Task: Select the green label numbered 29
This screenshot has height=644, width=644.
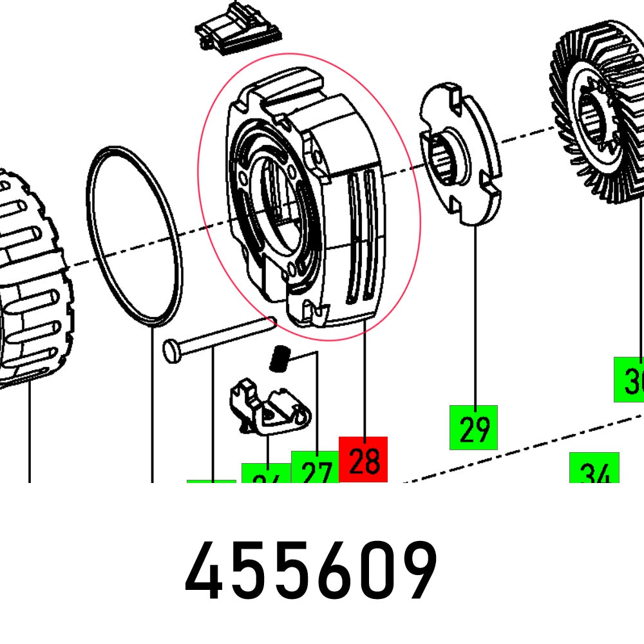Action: pos(474,428)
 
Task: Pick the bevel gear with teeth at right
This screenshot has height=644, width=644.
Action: pos(599,116)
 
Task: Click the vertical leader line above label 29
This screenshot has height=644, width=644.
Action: pos(475,316)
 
